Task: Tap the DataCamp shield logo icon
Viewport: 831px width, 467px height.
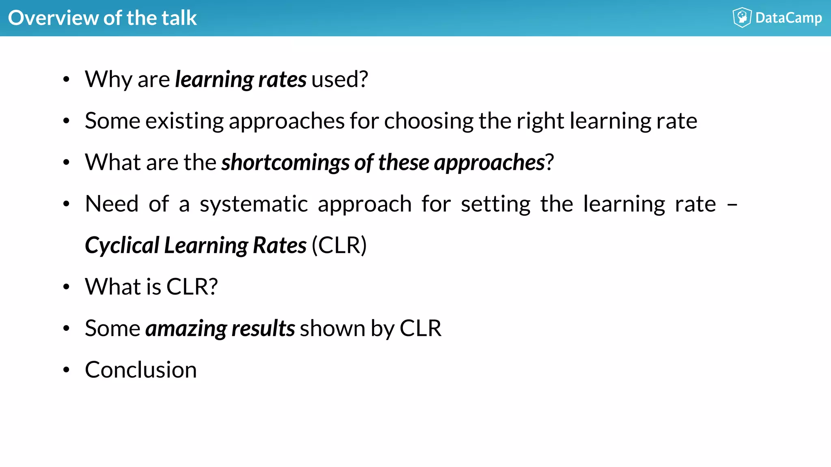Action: tap(742, 17)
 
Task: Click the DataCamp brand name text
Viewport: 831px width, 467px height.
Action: tap(788, 18)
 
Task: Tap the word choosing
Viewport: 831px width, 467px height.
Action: tap(428, 121)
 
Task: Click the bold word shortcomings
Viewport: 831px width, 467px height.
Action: tap(285, 163)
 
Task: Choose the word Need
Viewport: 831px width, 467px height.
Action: tap(112, 204)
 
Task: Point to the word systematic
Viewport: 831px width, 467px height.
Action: tap(254, 204)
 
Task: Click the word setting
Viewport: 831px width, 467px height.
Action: tap(495, 204)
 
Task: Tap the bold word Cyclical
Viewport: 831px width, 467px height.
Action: tap(122, 245)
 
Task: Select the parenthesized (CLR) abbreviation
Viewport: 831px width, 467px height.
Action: tap(339, 245)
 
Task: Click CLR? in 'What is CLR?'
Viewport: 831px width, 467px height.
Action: tap(192, 287)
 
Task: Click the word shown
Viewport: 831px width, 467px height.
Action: tap(332, 328)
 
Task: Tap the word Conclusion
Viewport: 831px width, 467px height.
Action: tap(141, 370)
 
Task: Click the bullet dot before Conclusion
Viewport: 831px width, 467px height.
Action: tap(67, 370)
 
